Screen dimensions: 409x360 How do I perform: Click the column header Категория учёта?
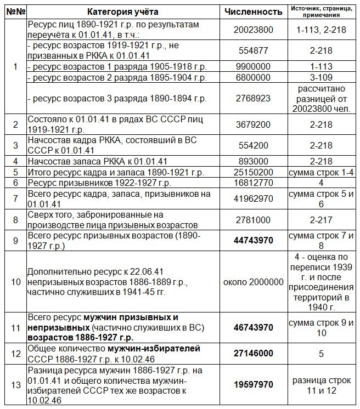(122, 11)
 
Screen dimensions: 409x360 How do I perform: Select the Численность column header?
(254, 11)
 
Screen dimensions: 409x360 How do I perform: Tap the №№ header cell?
(14, 11)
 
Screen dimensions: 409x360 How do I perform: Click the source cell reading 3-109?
(322, 78)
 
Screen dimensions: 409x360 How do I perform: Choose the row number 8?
(14, 220)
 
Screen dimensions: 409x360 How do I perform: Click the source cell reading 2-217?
(322, 220)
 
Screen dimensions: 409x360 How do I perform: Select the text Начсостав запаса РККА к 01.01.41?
(97, 161)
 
